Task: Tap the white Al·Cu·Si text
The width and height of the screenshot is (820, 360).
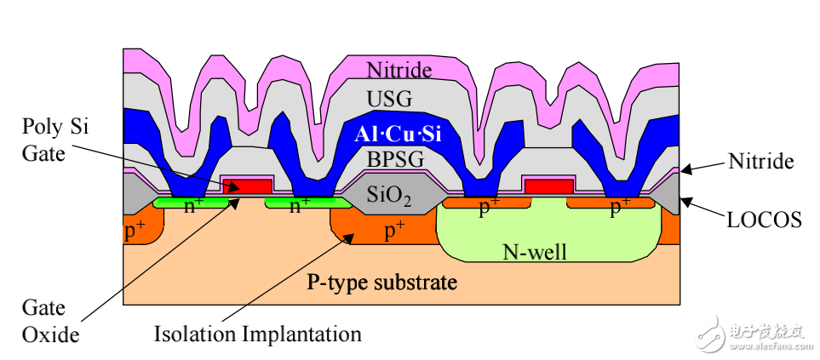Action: (398, 134)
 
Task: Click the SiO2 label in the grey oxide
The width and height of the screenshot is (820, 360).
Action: (388, 198)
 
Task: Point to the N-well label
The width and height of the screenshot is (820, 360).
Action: (535, 253)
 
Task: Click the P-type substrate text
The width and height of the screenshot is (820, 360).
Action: (381, 283)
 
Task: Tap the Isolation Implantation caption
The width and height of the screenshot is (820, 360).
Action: (257, 334)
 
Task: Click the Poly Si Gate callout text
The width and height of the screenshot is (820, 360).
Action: (54, 140)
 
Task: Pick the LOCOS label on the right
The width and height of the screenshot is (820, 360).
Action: (765, 220)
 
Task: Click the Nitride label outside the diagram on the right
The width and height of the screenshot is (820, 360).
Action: (761, 163)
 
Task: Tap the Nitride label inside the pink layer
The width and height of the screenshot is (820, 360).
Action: (399, 70)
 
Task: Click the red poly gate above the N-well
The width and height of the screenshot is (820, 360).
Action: (549, 186)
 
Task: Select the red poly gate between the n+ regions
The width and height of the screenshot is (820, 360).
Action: (248, 186)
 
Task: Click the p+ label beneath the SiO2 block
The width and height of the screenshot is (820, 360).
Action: (394, 231)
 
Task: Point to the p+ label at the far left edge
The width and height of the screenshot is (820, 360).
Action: (135, 231)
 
